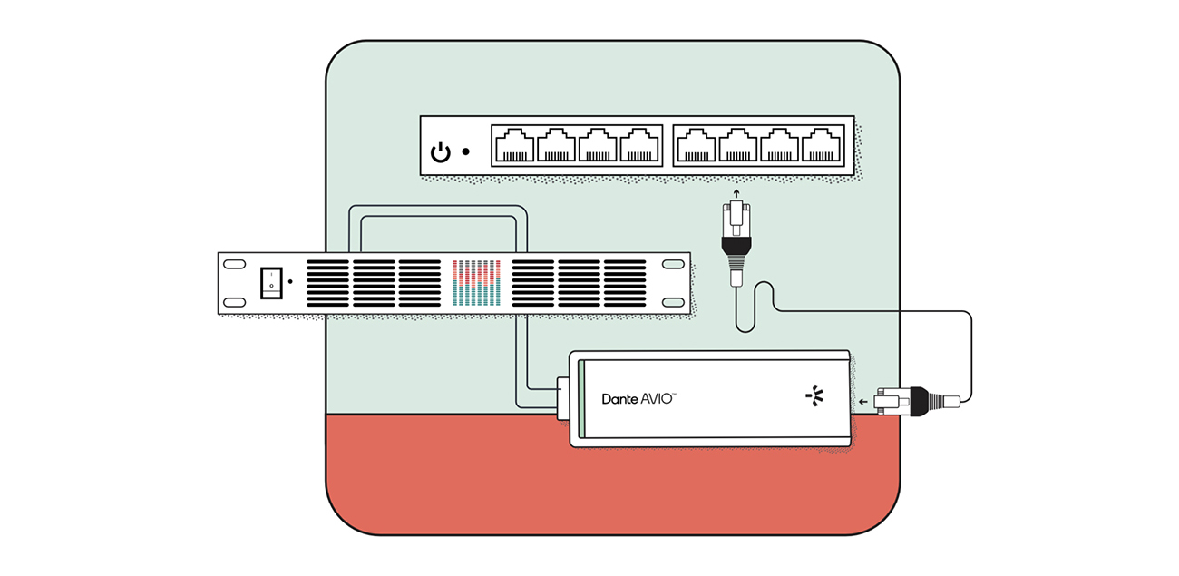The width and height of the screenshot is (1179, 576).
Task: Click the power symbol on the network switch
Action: click(x=440, y=152)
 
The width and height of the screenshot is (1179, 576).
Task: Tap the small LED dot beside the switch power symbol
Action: click(x=466, y=151)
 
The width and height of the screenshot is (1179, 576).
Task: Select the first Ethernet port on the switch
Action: click(x=515, y=145)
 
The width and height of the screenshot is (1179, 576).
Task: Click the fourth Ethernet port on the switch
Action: click(x=639, y=145)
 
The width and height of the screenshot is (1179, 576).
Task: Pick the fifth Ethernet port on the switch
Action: click(x=697, y=145)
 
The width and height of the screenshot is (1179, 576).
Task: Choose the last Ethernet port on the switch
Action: click(x=821, y=145)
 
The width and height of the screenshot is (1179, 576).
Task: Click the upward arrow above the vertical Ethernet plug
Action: click(x=736, y=194)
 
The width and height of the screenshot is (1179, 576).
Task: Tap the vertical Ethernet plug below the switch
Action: click(x=736, y=243)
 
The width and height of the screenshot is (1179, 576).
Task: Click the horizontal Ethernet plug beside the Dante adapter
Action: click(x=917, y=402)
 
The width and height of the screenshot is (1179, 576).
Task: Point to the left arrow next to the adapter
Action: click(x=862, y=402)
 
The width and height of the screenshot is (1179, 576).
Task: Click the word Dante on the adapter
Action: click(x=619, y=399)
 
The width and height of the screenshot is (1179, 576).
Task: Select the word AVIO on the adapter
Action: click(x=657, y=398)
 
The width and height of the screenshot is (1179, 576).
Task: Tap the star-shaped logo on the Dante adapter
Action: click(x=815, y=395)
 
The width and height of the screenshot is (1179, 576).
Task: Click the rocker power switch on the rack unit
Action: click(x=271, y=283)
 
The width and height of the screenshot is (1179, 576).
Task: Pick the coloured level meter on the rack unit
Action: click(x=476, y=283)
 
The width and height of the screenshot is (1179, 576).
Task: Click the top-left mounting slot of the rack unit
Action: click(x=235, y=264)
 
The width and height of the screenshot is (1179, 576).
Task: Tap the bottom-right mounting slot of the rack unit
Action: click(x=673, y=302)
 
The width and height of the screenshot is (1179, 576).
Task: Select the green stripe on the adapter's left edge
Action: click(x=581, y=399)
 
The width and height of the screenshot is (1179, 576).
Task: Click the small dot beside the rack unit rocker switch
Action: click(x=290, y=282)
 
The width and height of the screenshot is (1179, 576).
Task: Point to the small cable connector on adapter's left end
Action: click(x=563, y=398)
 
